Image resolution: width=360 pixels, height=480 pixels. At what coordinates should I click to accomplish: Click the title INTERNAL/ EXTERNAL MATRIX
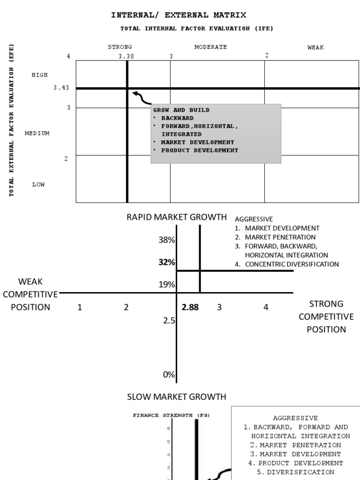pyautogui.click(x=178, y=15)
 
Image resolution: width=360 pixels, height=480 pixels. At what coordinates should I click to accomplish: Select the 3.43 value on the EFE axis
pyautogui.click(x=61, y=88)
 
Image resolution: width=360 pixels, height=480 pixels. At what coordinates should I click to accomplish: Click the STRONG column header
pyautogui.click(x=120, y=47)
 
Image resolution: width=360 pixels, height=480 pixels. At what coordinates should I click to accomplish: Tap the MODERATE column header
pyautogui.click(x=210, y=47)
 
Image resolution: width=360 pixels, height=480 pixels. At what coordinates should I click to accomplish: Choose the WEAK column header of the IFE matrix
pyautogui.click(x=315, y=47)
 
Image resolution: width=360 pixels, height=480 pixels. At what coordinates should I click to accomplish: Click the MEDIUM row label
pyautogui.click(x=37, y=133)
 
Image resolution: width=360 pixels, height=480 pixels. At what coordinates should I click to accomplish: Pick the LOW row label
pyautogui.click(x=38, y=185)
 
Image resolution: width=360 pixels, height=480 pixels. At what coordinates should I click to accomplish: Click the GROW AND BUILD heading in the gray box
pyautogui.click(x=181, y=110)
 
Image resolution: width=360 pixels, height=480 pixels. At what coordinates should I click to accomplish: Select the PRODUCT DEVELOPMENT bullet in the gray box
pyautogui.click(x=199, y=150)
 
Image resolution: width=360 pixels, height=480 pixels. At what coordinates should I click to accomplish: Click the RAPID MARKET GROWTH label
pyautogui.click(x=176, y=217)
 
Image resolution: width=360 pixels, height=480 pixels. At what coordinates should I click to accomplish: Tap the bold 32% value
pyautogui.click(x=166, y=262)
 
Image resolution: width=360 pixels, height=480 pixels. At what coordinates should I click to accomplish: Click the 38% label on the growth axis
pyautogui.click(x=166, y=240)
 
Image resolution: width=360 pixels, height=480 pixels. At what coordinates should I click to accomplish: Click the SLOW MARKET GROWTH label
pyautogui.click(x=176, y=397)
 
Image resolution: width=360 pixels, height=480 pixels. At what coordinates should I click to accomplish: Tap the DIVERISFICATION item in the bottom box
pyautogui.click(x=295, y=472)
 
